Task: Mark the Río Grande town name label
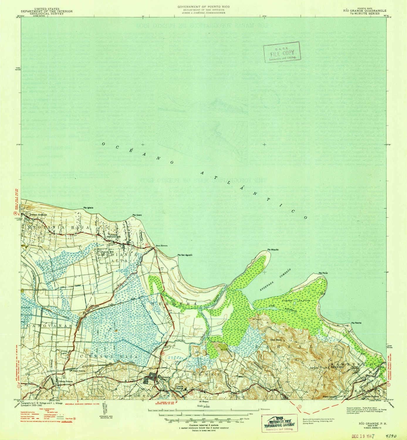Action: (x=164, y=377)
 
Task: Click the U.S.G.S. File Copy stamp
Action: (x=281, y=52)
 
